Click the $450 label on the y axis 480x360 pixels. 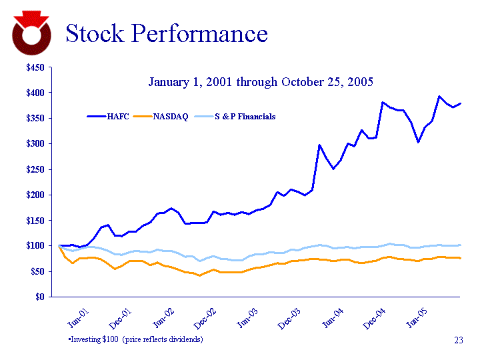tap(36, 67)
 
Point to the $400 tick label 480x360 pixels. tap(36, 93)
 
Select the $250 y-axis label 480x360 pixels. tap(36, 169)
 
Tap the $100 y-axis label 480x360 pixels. tap(36, 246)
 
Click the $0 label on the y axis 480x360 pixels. tap(41, 297)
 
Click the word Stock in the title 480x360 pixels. tap(97, 33)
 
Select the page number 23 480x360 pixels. tap(458, 341)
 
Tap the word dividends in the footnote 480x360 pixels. tap(185, 339)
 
